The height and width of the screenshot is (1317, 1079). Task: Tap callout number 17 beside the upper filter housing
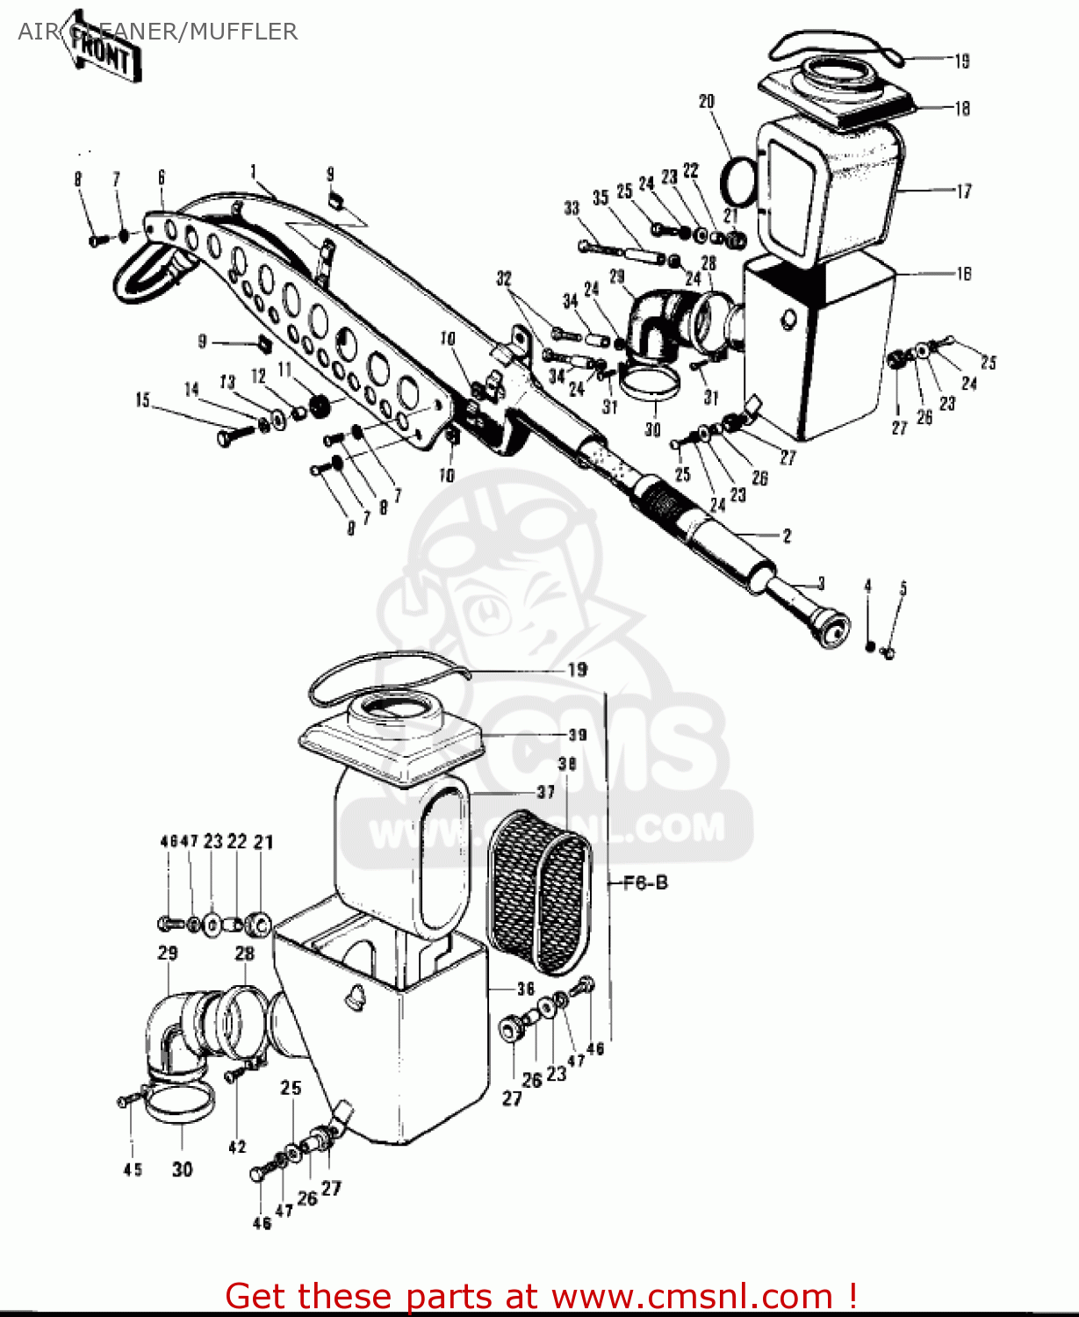pyautogui.click(x=963, y=191)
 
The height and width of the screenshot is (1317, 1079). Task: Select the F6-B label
pyautogui.click(x=645, y=882)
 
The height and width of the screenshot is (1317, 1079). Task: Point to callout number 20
pyautogui.click(x=707, y=102)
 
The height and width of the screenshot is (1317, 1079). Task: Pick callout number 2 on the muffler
pyautogui.click(x=787, y=535)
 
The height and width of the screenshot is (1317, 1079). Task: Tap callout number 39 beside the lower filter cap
pyautogui.click(x=577, y=734)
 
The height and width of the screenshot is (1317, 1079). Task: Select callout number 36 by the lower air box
pyautogui.click(x=525, y=989)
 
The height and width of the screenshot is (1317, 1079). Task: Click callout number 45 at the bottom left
pyautogui.click(x=133, y=1169)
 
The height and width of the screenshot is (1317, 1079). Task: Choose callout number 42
pyautogui.click(x=237, y=1147)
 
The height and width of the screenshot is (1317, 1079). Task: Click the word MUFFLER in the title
pyautogui.click(x=243, y=32)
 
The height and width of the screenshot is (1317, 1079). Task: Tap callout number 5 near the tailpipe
pyautogui.click(x=903, y=588)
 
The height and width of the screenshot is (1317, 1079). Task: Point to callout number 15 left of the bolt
pyautogui.click(x=142, y=400)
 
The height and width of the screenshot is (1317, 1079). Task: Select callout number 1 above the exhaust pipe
pyautogui.click(x=253, y=171)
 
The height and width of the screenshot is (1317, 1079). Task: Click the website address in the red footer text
pyautogui.click(x=692, y=1296)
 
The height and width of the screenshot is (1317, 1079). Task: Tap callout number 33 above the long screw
pyautogui.click(x=572, y=208)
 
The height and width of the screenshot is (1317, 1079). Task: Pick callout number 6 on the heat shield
pyautogui.click(x=162, y=177)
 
